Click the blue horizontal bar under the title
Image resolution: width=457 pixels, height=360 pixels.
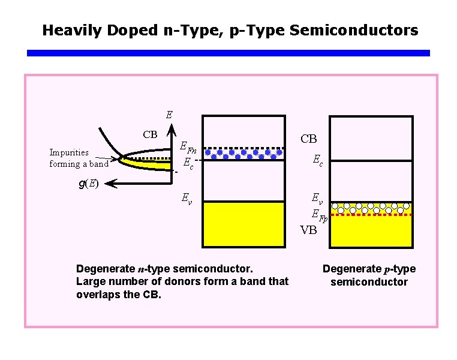coord(228,53)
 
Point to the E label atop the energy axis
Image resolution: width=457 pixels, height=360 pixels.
coord(169,114)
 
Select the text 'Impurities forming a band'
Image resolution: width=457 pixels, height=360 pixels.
coord(79,158)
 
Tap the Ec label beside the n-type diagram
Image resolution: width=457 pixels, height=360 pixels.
coord(188,163)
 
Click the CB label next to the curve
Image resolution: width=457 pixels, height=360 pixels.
coord(150,134)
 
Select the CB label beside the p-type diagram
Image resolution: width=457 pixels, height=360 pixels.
coord(308,139)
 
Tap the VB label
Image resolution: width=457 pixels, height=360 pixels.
coord(308,230)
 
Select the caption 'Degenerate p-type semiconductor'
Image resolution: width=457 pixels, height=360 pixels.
coord(369,275)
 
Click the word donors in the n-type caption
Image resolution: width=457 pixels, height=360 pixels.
coord(178,281)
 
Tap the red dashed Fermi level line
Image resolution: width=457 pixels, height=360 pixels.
coord(372,214)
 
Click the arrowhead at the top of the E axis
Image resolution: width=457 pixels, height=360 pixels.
coord(170,127)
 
